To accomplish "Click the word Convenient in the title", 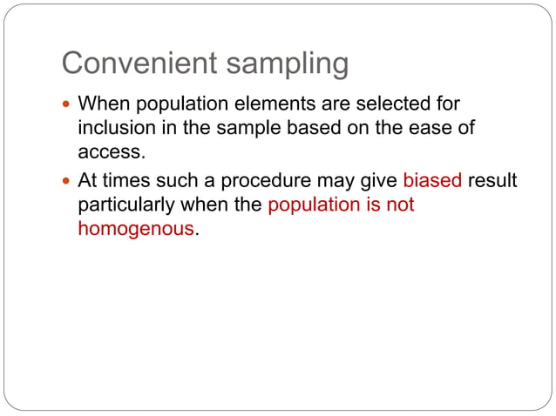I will pyautogui.click(x=135, y=64).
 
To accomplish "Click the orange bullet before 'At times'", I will pyautogui.click(x=69, y=182).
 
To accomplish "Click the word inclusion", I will pyautogui.click(x=113, y=127).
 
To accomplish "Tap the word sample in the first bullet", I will pyautogui.click(x=269, y=127).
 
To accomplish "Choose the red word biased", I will pyautogui.click(x=432, y=182).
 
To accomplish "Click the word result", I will pyautogui.click(x=492, y=182).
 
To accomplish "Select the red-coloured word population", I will pyautogui.click(x=315, y=205).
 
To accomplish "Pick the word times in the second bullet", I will pyautogui.click(x=127, y=182).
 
